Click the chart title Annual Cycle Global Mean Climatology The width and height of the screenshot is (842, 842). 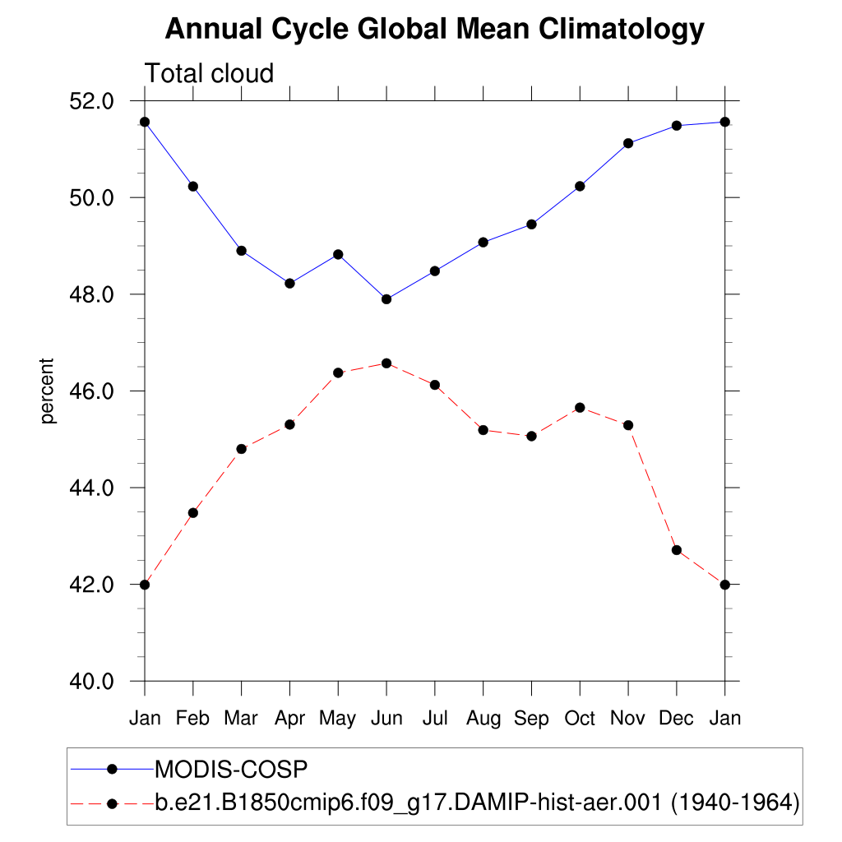pyautogui.click(x=434, y=30)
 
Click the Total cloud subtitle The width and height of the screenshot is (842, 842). pyautogui.click(x=209, y=74)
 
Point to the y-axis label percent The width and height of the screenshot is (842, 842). pyautogui.click(x=49, y=391)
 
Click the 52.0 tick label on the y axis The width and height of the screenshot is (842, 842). pyautogui.click(x=92, y=101)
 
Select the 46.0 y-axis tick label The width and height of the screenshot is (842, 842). pyautogui.click(x=92, y=391)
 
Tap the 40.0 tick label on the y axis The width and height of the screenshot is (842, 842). pyautogui.click(x=92, y=682)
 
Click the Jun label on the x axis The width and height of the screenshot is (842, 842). pyautogui.click(x=386, y=719)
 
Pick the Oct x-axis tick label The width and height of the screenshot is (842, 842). pyautogui.click(x=580, y=719)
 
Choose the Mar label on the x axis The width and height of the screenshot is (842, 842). pyautogui.click(x=241, y=719)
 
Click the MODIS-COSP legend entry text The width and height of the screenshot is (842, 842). pyautogui.click(x=231, y=769)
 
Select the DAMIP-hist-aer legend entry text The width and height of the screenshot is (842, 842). pyautogui.click(x=477, y=802)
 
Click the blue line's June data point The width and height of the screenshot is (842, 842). pyautogui.click(x=386, y=299)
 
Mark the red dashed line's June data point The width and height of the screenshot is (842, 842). pyautogui.click(x=386, y=363)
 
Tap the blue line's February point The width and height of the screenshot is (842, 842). pyautogui.click(x=193, y=187)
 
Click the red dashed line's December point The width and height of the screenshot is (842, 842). pyautogui.click(x=677, y=550)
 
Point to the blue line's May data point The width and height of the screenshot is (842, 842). pyautogui.click(x=338, y=255)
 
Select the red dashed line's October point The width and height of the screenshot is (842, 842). pyautogui.click(x=580, y=408)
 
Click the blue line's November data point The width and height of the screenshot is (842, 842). pyautogui.click(x=628, y=143)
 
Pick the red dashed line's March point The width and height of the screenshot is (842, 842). pyautogui.click(x=241, y=449)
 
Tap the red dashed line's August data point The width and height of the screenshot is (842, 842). pyautogui.click(x=483, y=430)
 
